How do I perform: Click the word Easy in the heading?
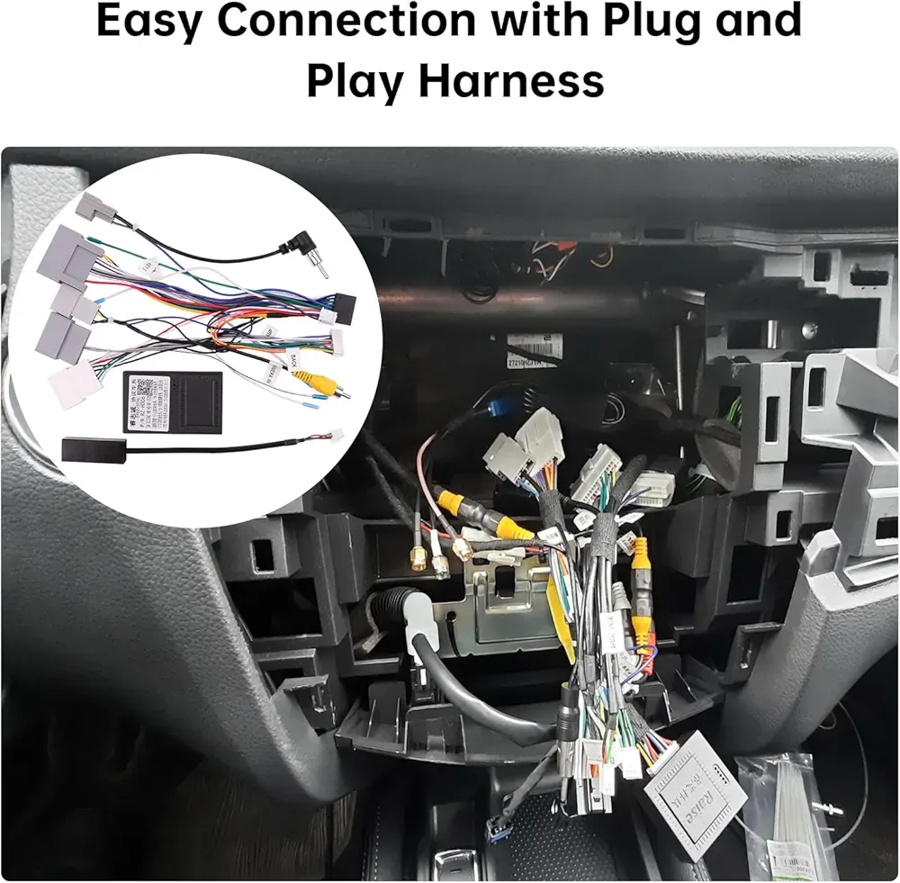(x=149, y=22)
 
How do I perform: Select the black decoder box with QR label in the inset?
(x=172, y=401)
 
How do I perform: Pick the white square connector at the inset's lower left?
(x=76, y=384)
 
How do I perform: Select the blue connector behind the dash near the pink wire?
(x=499, y=406)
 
